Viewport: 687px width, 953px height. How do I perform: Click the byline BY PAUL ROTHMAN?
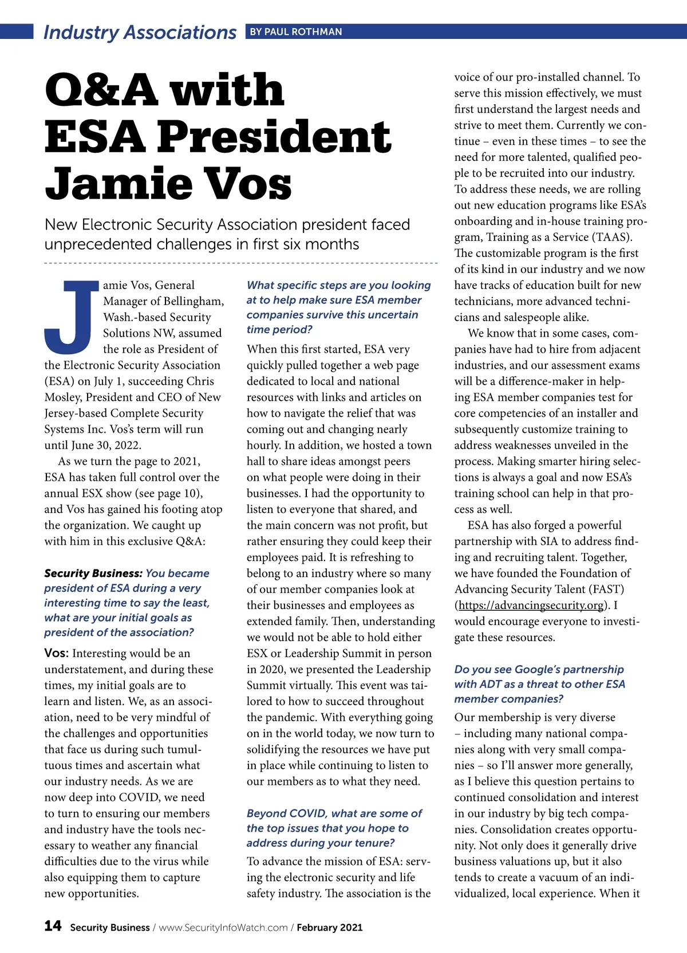[x=295, y=32]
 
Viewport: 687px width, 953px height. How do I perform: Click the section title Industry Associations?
[x=140, y=33]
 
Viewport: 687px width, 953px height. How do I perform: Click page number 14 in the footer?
[x=53, y=926]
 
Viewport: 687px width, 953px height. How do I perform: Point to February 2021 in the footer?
[x=329, y=927]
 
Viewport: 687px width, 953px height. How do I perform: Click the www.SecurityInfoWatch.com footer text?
[x=223, y=927]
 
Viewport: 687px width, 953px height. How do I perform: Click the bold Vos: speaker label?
[x=56, y=653]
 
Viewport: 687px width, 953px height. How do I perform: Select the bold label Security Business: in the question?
[x=93, y=573]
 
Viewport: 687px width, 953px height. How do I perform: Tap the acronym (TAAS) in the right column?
[x=612, y=237]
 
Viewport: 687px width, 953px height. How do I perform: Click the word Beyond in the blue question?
[x=266, y=813]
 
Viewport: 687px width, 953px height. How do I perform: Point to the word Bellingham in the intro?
[x=193, y=301]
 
